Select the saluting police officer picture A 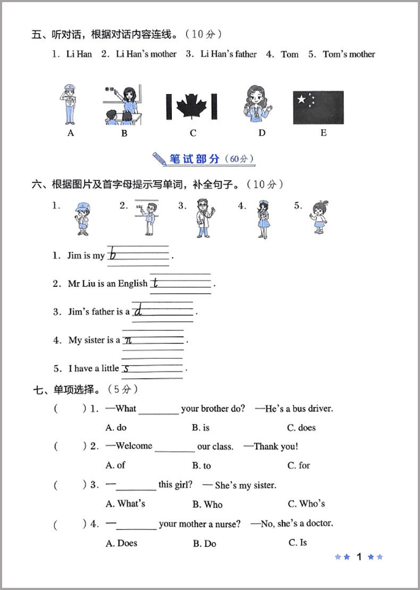(70, 104)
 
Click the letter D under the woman (262, 133)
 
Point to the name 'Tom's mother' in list (349, 54)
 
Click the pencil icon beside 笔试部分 (159, 159)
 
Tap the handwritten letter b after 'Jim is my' (112, 255)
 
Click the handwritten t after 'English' (155, 283)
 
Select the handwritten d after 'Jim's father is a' (138, 310)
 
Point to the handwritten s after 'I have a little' (127, 368)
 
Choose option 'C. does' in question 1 (301, 428)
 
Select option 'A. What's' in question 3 (125, 504)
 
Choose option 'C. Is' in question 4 (297, 543)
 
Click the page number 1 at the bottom (359, 557)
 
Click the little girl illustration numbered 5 (318, 217)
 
